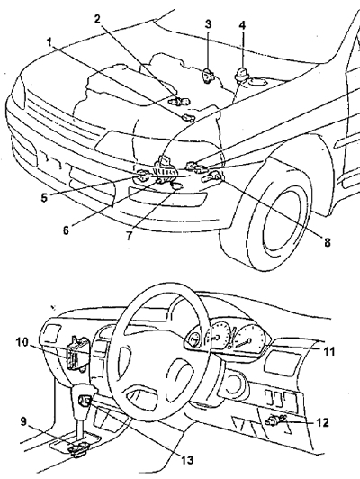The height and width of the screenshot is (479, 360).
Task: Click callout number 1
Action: [49, 42]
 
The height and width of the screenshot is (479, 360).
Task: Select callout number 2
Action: [97, 19]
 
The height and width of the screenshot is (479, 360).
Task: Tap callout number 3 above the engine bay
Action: [208, 23]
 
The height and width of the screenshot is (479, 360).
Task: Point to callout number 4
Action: [242, 24]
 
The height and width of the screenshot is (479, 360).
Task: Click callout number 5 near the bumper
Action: [45, 197]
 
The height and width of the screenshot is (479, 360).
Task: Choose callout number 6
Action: [66, 230]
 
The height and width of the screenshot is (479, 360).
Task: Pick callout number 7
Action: [129, 236]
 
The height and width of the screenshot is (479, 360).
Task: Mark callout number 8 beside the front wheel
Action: [327, 242]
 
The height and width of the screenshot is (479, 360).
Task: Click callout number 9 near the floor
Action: [23, 422]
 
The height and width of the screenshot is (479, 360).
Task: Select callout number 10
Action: [22, 343]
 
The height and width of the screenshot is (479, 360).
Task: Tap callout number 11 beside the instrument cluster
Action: [328, 352]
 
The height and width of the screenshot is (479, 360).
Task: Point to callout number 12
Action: [323, 422]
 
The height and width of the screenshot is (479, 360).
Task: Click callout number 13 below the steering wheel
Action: [187, 460]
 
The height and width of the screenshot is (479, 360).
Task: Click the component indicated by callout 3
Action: [208, 75]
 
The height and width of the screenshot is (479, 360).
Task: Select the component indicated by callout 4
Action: [242, 74]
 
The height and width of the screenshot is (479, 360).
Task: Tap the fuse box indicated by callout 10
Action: [76, 354]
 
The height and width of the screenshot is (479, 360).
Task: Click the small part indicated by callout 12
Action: [274, 421]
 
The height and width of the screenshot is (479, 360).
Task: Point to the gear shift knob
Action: [84, 398]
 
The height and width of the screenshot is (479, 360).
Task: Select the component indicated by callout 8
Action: [211, 176]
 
